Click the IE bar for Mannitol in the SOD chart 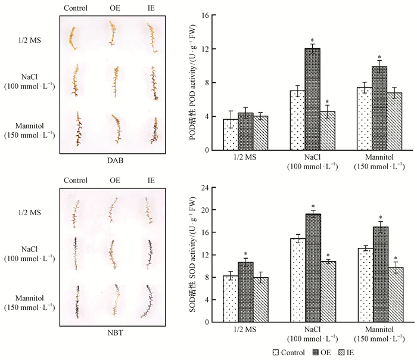click(x=395, y=294)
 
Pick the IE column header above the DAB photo click(x=149, y=8)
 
